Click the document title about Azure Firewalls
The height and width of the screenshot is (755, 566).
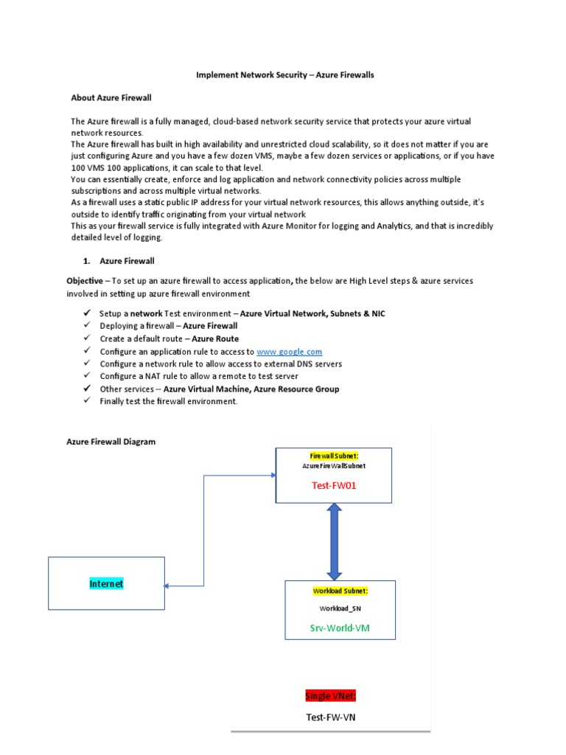(284, 75)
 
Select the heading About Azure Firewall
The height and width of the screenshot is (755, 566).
(111, 97)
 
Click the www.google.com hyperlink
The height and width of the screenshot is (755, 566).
(289, 352)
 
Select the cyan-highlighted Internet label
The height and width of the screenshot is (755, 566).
(106, 583)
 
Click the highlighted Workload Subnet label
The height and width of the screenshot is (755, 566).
(340, 591)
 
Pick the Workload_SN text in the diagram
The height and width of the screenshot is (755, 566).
(340, 608)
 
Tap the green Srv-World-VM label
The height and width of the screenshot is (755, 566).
(340, 629)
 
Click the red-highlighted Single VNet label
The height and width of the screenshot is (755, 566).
(330, 696)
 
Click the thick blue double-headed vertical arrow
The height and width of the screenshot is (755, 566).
(334, 541)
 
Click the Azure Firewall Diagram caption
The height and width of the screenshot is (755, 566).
(111, 442)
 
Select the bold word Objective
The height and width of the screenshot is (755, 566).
(85, 281)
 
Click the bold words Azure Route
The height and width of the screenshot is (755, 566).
(215, 339)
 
